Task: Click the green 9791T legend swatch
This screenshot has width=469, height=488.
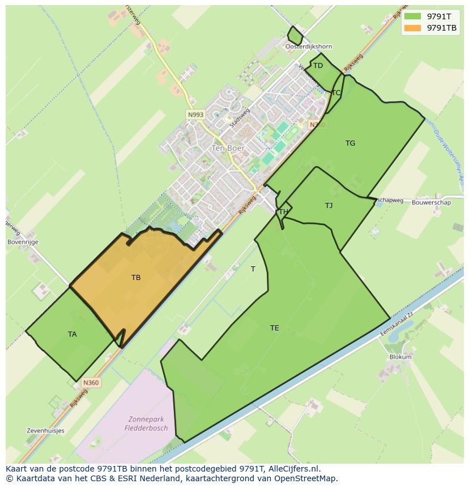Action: pyautogui.click(x=413, y=16)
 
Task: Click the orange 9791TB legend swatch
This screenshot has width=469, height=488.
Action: pyautogui.click(x=413, y=28)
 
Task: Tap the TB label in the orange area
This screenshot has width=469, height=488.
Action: pyautogui.click(x=136, y=278)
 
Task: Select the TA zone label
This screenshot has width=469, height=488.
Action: pyautogui.click(x=73, y=334)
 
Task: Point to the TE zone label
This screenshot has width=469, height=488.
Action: pyautogui.click(x=275, y=328)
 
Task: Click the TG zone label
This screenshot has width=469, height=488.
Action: pyautogui.click(x=351, y=143)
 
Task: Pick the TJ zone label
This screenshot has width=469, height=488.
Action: pyautogui.click(x=329, y=206)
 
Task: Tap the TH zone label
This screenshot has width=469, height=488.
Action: pyautogui.click(x=284, y=212)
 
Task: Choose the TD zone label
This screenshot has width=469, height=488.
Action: pyautogui.click(x=318, y=66)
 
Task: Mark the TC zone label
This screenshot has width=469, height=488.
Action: pyautogui.click(x=336, y=93)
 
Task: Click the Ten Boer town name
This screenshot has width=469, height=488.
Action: pyautogui.click(x=228, y=148)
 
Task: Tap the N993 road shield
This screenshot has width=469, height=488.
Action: pyautogui.click(x=195, y=114)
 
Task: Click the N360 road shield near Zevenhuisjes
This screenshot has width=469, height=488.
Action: pyautogui.click(x=91, y=383)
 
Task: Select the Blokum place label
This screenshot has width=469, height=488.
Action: pyautogui.click(x=400, y=357)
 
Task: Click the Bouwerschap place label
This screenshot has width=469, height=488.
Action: pyautogui.click(x=432, y=202)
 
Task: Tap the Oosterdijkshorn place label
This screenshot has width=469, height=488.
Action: pyautogui.click(x=309, y=46)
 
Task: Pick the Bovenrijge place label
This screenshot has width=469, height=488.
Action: pyautogui.click(x=23, y=242)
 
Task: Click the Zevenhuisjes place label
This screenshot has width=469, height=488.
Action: pyautogui.click(x=45, y=431)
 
